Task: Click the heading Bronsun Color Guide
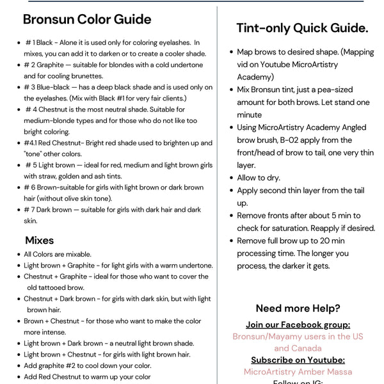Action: (87, 19)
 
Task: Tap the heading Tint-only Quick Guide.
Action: (302, 28)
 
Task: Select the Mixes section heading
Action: (40, 241)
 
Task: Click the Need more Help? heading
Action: (298, 308)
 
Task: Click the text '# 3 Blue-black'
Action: (47, 87)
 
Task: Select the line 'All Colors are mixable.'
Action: (58, 254)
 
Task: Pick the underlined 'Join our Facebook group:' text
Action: (298, 324)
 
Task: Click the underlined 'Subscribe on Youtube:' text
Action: (298, 360)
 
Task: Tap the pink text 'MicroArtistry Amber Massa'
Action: (298, 372)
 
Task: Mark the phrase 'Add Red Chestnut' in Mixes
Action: (53, 377)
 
